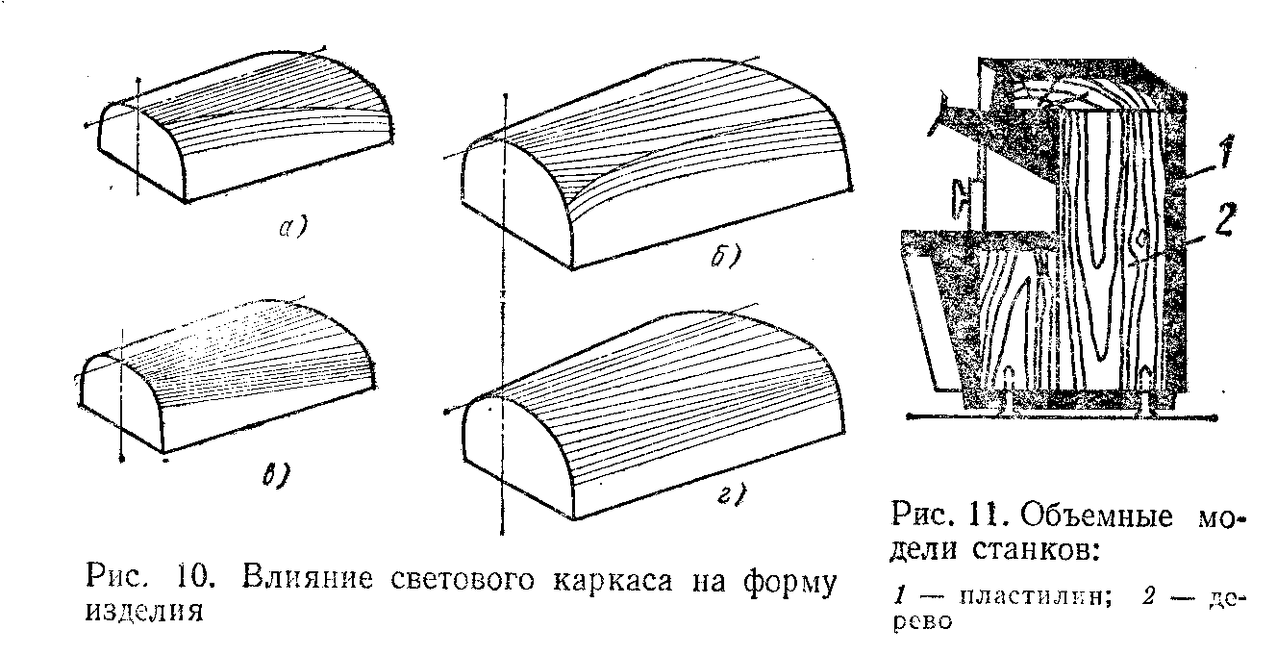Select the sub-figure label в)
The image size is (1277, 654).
(276, 474)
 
